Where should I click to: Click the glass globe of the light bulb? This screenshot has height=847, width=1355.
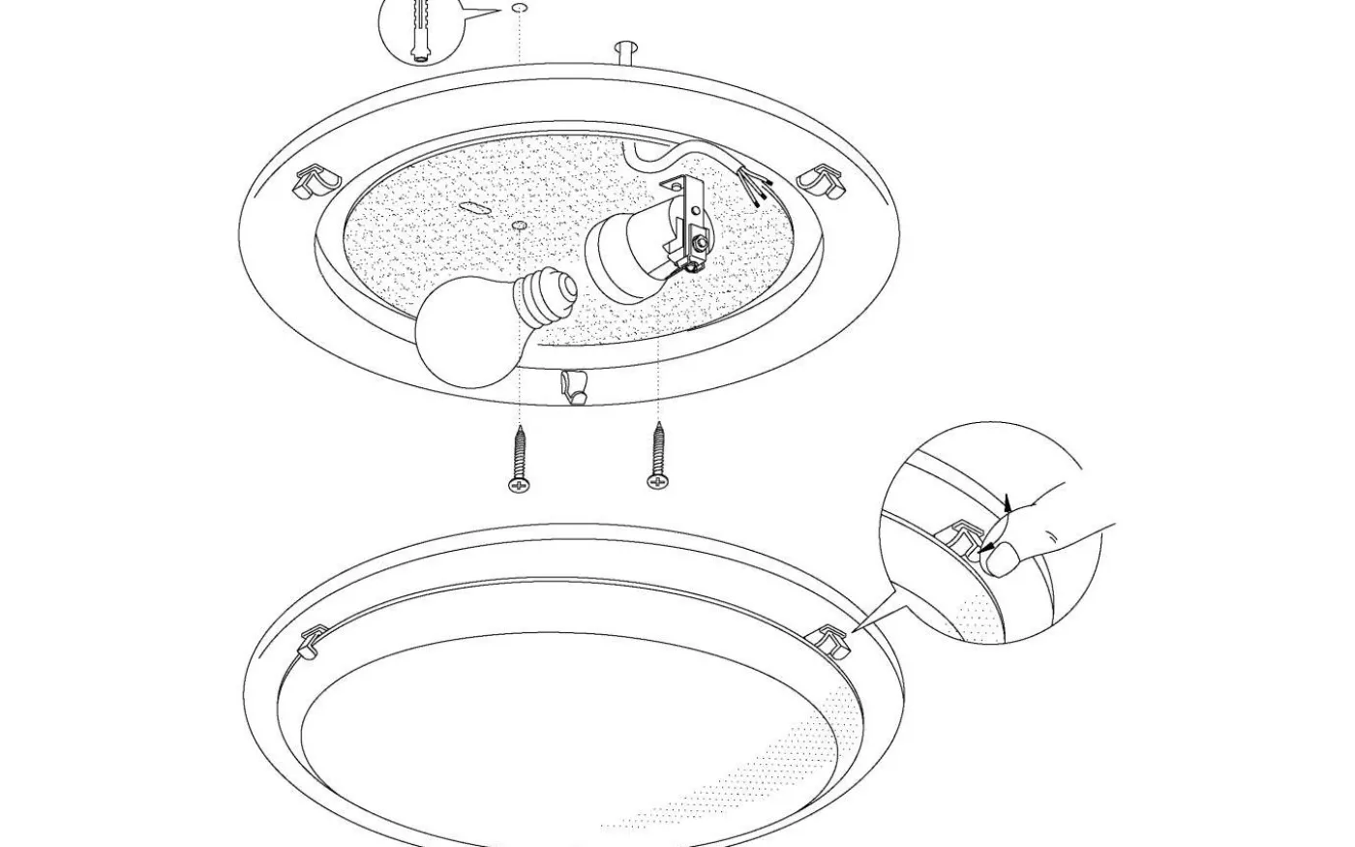tap(464, 331)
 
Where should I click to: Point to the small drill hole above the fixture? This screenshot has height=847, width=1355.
tap(520, 9)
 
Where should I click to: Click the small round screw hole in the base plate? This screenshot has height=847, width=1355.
tap(520, 226)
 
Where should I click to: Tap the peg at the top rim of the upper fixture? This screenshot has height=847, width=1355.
tap(626, 50)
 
